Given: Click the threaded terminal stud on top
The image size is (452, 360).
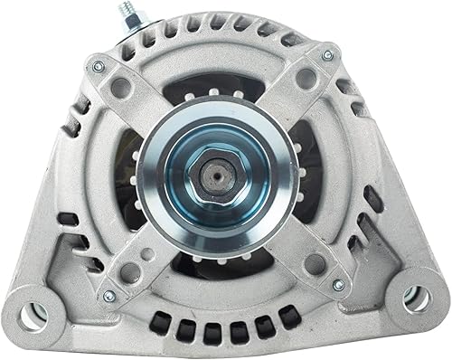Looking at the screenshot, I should [x=123, y=13].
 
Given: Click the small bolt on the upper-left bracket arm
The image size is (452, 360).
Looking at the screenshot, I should [x=99, y=66].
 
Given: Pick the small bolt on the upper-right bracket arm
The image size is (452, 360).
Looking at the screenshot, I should [x=327, y=56].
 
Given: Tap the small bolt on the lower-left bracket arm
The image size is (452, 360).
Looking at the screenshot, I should [x=109, y=295].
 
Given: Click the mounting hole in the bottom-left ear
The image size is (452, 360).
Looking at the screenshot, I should [x=34, y=314].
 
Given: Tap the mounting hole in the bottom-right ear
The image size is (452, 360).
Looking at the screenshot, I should [x=416, y=299].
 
